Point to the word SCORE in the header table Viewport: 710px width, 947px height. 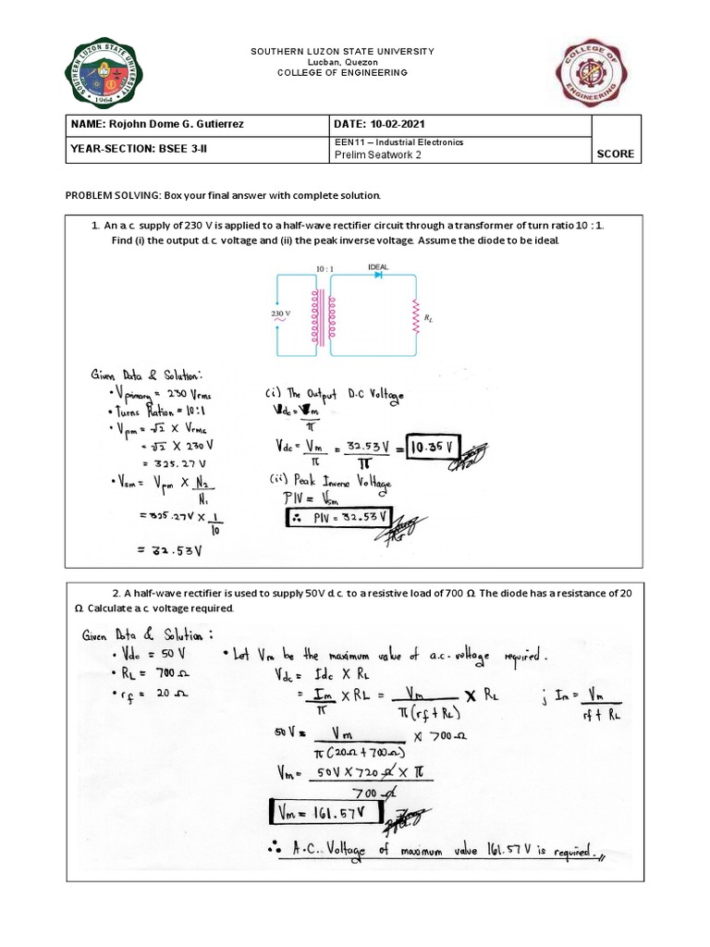coord(615,154)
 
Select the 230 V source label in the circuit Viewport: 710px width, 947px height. coord(282,314)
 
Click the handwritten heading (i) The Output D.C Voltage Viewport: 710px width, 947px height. coord(334,396)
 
